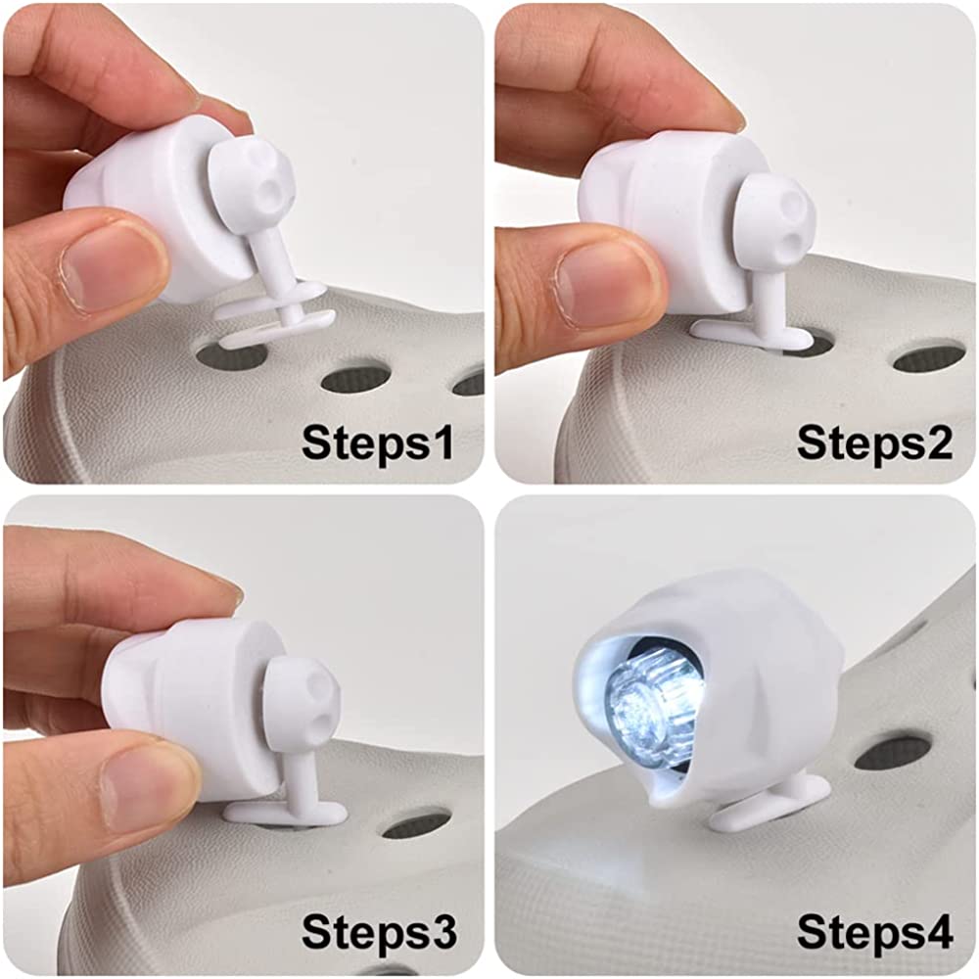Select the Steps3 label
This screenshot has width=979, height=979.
[379, 932]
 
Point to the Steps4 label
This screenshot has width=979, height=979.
[874, 932]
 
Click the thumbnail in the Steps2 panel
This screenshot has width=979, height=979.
[602, 281]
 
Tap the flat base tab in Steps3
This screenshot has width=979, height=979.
[285, 811]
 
